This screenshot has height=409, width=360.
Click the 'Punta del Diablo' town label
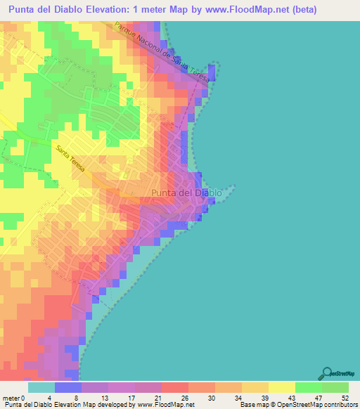pos(186,193)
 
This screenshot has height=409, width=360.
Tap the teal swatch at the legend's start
pos(41,387)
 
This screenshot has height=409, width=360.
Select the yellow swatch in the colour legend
pos(281,387)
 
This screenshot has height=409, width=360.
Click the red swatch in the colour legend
pos(174,387)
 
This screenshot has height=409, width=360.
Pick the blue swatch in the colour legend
pos(68,387)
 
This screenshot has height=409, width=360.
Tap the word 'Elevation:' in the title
pos(116,10)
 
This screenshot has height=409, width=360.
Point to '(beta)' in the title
pos(299,10)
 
